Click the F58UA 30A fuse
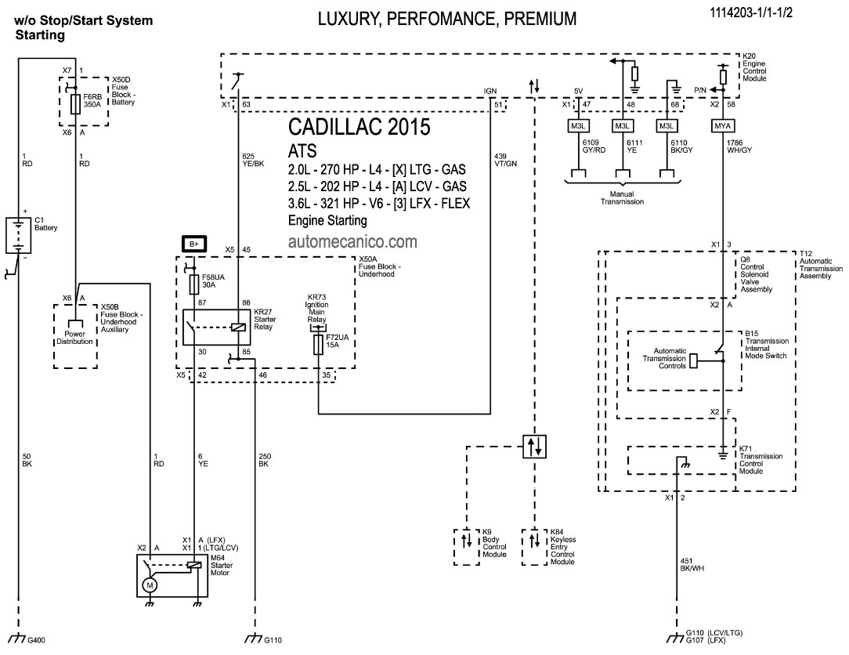193,282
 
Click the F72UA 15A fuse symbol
319,346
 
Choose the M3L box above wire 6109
578,125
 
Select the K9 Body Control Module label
495,543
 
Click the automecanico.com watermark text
352,242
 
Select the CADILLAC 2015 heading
359,128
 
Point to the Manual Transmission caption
623,197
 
